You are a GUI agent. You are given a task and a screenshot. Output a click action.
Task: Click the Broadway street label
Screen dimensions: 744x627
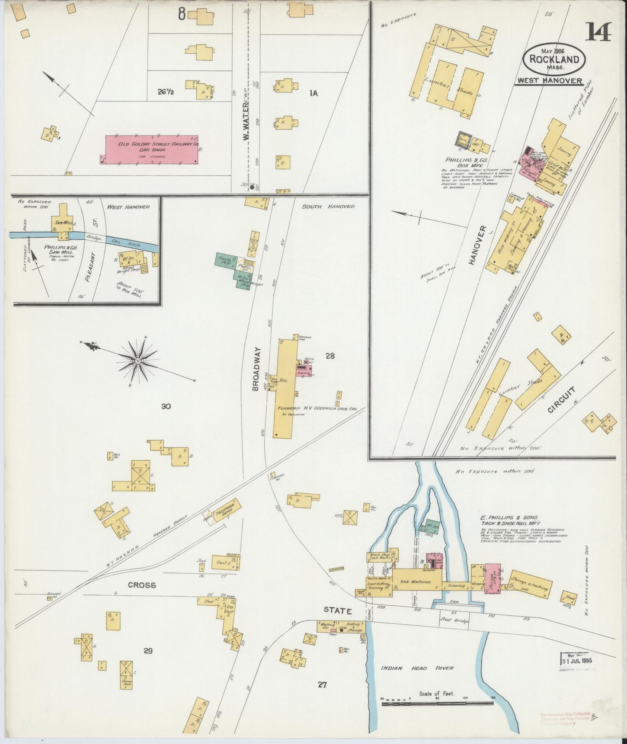[x=255, y=369]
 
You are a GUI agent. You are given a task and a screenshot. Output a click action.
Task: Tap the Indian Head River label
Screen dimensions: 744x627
[x=417, y=668]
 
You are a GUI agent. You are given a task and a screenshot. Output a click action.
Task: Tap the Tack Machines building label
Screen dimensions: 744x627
[x=416, y=593]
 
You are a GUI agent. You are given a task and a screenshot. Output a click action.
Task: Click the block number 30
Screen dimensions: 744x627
[x=166, y=406]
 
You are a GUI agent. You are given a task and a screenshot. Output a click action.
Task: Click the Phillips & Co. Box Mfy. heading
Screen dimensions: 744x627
[x=465, y=162]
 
